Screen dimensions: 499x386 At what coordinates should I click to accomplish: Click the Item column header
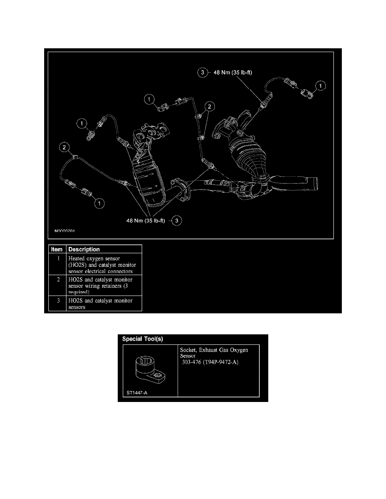tap(57, 249)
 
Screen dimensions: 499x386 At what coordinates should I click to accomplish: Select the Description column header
tap(84, 249)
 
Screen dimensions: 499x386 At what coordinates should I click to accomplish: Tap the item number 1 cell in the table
tap(57, 259)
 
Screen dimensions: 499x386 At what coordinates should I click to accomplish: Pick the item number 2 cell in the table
tap(57, 279)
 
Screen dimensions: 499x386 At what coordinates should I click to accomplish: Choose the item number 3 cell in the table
tap(57, 301)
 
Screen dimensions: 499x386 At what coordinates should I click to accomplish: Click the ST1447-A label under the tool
tap(137, 393)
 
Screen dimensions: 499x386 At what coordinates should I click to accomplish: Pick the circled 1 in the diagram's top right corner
tap(321, 86)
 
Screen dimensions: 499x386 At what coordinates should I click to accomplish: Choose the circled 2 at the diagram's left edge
tap(64, 147)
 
